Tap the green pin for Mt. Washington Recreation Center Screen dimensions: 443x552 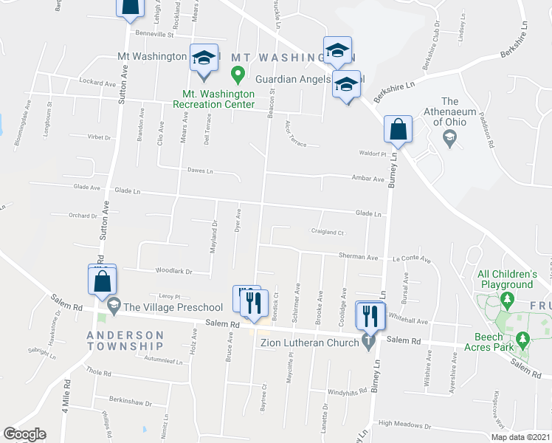coord(237,74)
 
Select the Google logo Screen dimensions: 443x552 coord(24,434)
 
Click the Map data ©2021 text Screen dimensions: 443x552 coord(520,437)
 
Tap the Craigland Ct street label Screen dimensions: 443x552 coord(328,232)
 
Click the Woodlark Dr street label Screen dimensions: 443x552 coord(174,271)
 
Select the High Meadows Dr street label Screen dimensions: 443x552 coord(404,425)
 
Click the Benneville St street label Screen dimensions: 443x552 coord(153,34)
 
